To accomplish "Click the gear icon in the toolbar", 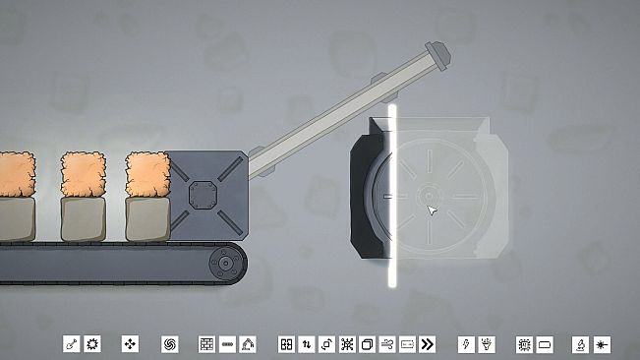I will click(93, 344).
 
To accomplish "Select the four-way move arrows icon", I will click(131, 344).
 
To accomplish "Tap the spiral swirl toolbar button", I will click(169, 344).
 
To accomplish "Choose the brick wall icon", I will click(207, 344).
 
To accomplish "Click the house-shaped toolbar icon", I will click(248, 344).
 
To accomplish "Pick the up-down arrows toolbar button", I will click(307, 344).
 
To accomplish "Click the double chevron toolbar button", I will click(428, 344).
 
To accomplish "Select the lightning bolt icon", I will click(466, 344).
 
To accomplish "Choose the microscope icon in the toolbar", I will click(581, 344).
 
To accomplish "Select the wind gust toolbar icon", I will click(387, 344).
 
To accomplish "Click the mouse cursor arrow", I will click(430, 209).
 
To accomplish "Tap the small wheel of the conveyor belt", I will click(227, 263).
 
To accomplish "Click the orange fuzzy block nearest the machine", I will click(147, 173).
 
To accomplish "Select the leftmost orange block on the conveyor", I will click(15, 174).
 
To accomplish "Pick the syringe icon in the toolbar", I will click(72, 344).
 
